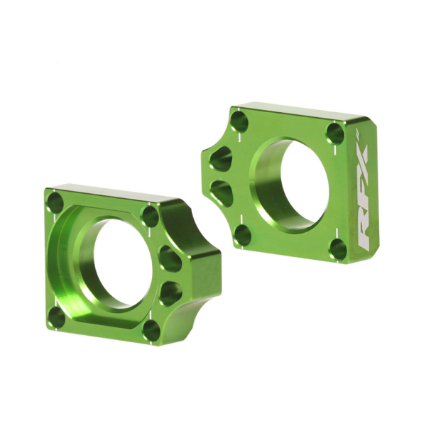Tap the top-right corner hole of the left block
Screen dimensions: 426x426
(x=151, y=216)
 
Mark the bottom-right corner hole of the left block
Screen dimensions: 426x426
(x=151, y=329)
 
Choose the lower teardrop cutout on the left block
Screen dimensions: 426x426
(x=170, y=292)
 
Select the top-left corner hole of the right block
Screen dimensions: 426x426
(x=241, y=121)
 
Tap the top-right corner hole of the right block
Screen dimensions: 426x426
(x=335, y=133)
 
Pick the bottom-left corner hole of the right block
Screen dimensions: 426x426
(x=242, y=234)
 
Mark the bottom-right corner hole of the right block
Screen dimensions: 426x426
(x=339, y=248)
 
